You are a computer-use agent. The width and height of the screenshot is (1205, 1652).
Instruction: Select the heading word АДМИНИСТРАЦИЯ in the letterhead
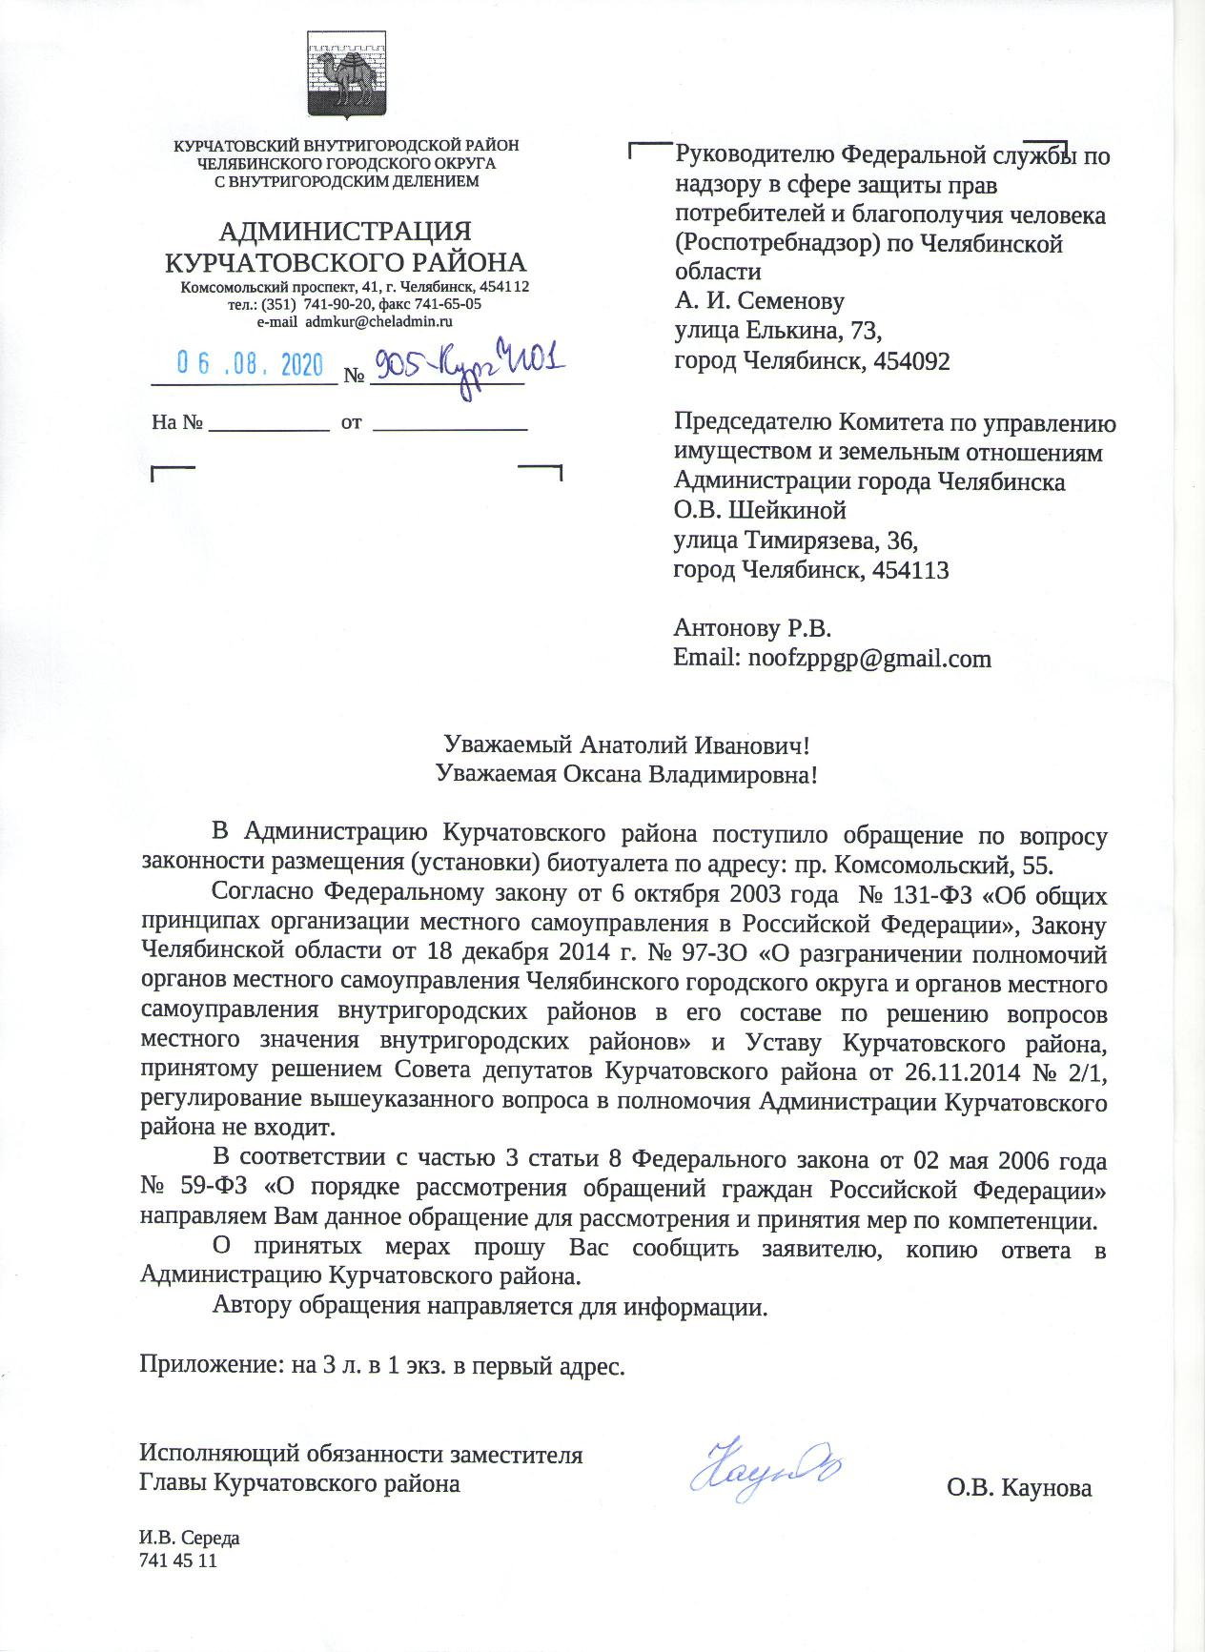[345, 232]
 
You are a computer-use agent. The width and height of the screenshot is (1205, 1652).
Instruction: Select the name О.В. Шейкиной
[760, 510]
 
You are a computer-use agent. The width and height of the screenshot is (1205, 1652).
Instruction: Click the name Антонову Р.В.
[753, 628]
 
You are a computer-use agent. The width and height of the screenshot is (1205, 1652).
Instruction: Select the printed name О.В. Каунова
[1019, 1488]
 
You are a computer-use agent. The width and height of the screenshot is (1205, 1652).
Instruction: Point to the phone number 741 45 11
[178, 1560]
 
